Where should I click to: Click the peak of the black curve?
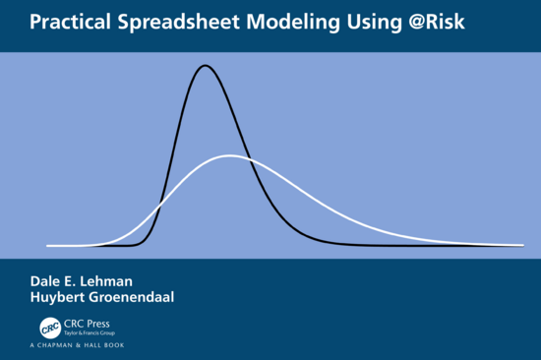[206, 66]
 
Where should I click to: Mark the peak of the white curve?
[229, 155]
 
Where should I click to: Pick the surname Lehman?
[113, 280]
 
